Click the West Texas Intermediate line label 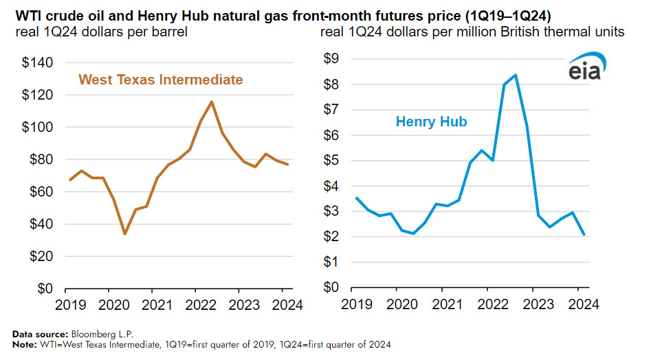[x=161, y=80]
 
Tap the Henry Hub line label [x=431, y=122]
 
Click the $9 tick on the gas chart [x=331, y=59]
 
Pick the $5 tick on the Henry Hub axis [x=331, y=161]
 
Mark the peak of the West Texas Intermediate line [x=211, y=102]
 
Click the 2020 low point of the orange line [x=124, y=234]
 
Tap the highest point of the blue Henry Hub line [x=516, y=75]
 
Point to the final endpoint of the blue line [x=584, y=235]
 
